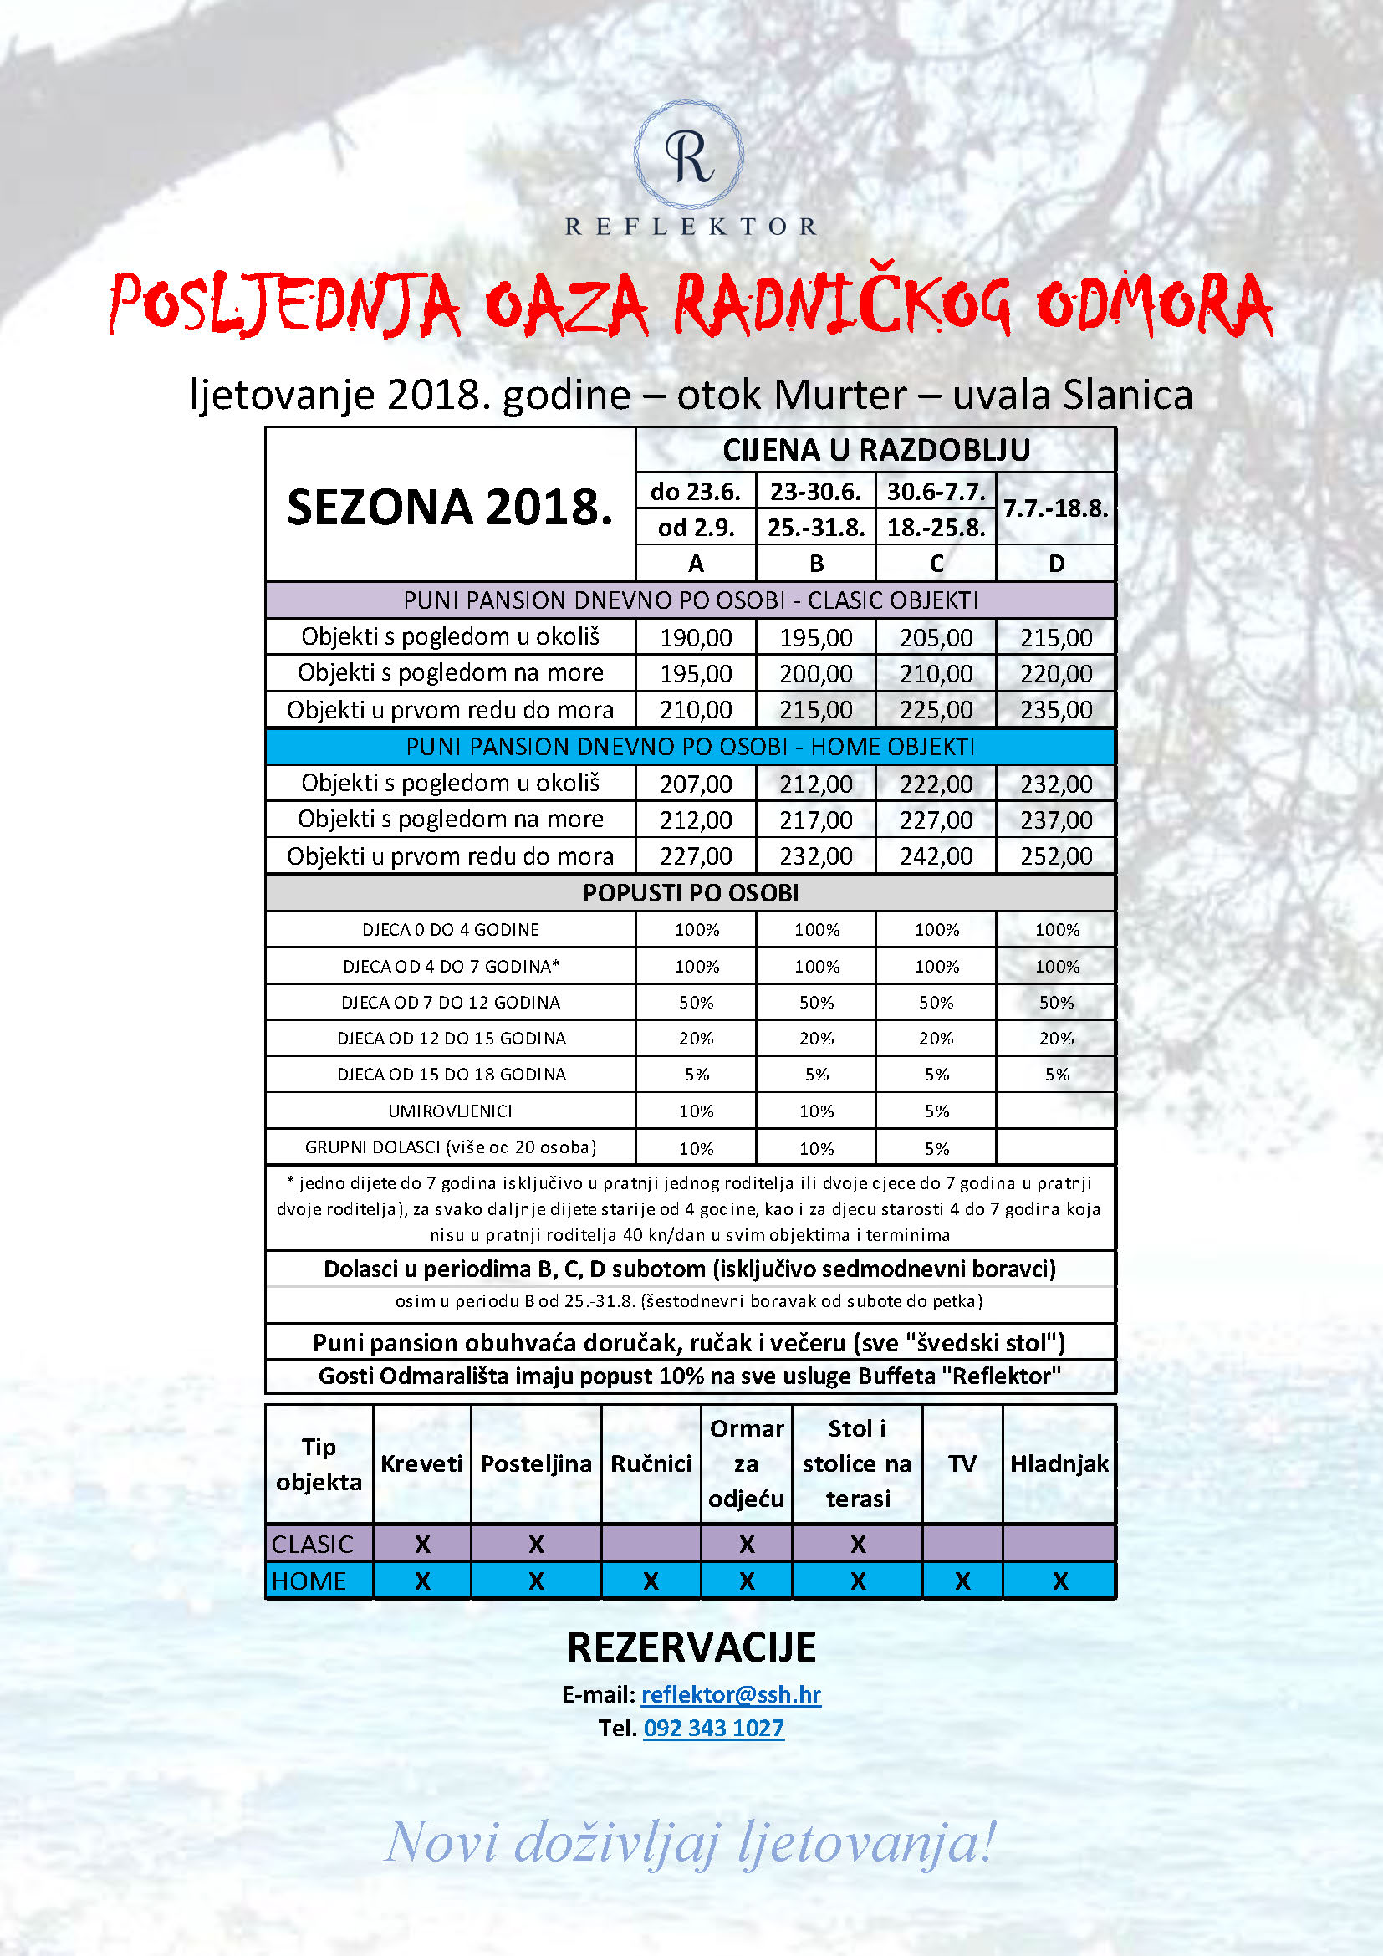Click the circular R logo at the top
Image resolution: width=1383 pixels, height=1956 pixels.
(x=689, y=155)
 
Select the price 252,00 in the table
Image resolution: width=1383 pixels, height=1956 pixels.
(x=1056, y=856)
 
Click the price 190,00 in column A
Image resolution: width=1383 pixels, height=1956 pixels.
(x=696, y=637)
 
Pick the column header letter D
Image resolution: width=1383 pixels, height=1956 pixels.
(x=1056, y=564)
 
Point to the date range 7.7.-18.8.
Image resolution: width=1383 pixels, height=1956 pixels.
(x=1056, y=508)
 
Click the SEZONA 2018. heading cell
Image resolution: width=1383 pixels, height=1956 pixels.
(x=450, y=507)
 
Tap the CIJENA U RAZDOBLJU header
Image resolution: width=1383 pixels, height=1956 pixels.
(x=876, y=450)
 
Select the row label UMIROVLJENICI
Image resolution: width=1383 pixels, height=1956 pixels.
(x=450, y=1111)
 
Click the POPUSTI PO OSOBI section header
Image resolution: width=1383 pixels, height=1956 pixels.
(x=691, y=893)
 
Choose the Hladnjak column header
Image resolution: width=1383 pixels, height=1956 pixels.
(x=1059, y=1463)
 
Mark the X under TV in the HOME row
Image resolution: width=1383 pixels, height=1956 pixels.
(x=962, y=1581)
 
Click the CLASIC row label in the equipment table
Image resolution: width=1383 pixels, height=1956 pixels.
(x=313, y=1544)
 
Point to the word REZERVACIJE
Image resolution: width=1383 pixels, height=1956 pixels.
(x=691, y=1647)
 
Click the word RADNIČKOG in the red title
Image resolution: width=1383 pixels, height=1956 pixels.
(x=843, y=305)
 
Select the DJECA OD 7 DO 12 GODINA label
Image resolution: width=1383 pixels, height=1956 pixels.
(x=450, y=1003)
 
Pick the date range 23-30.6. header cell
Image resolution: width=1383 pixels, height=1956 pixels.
(x=816, y=492)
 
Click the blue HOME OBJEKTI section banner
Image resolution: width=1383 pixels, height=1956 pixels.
(x=691, y=747)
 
